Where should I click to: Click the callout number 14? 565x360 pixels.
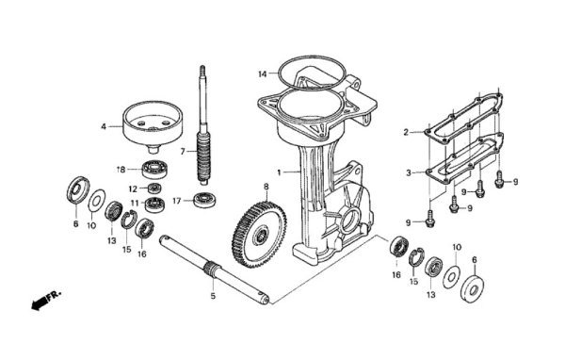point(264,73)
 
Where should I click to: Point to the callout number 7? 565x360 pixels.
point(186,152)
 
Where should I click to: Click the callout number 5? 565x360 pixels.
point(212,296)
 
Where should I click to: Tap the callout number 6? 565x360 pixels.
point(474,260)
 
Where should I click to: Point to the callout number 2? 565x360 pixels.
point(406,133)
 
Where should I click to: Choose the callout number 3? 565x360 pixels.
point(407,173)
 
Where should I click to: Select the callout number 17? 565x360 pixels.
point(176,199)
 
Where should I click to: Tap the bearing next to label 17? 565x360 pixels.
point(203,200)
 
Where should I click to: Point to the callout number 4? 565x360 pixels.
point(105,125)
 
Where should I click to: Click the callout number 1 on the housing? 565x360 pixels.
point(279,172)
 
